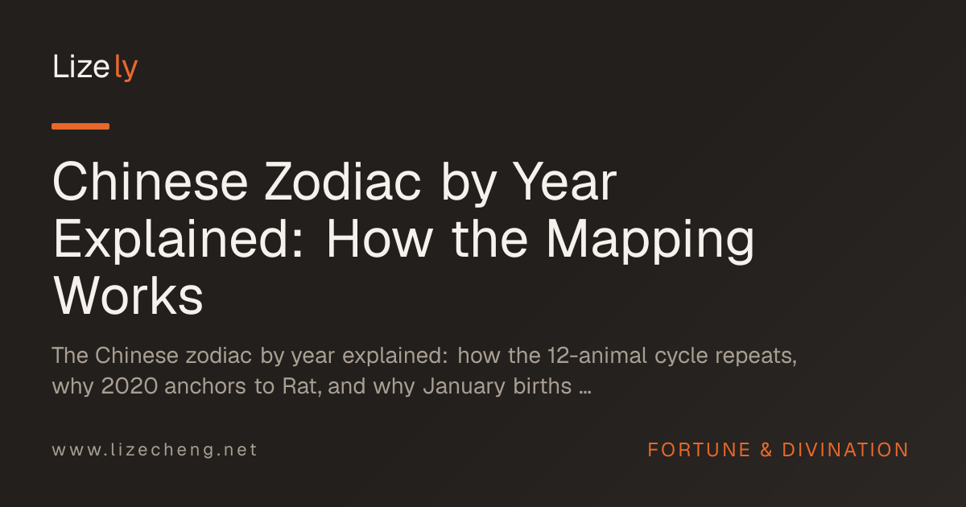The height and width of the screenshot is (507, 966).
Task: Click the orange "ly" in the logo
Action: click(x=126, y=68)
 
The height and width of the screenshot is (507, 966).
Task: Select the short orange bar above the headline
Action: click(x=80, y=126)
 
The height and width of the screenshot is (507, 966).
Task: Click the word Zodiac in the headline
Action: click(x=343, y=182)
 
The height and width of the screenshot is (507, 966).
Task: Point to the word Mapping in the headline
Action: click(x=650, y=240)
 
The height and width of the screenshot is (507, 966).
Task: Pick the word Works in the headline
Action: click(x=128, y=297)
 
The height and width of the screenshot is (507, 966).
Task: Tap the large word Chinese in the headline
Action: click(x=150, y=182)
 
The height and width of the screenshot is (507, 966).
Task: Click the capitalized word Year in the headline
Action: click(x=565, y=182)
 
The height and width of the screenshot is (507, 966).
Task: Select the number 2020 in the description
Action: click(x=130, y=385)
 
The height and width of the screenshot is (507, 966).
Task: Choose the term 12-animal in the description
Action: click(x=597, y=356)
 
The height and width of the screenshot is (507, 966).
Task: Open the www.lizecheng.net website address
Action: click(x=155, y=450)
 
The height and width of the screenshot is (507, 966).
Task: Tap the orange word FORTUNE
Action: click(x=699, y=450)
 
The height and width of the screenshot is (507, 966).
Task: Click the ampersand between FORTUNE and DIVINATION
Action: click(x=766, y=450)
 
